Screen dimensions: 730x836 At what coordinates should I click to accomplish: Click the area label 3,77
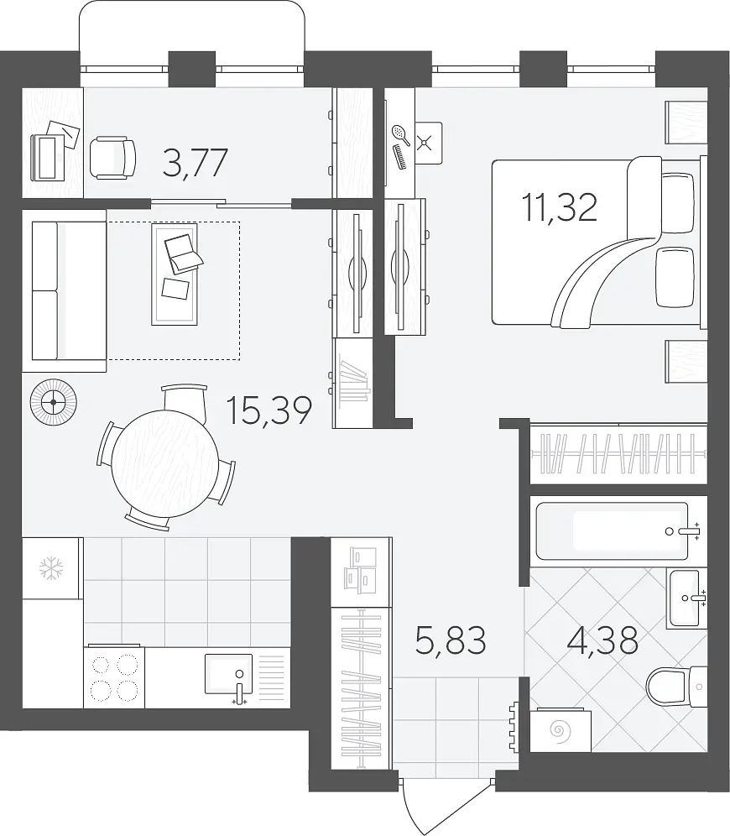[195, 163]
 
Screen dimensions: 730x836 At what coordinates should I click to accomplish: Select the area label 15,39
[269, 410]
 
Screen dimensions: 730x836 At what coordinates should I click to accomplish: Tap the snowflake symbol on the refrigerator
[52, 568]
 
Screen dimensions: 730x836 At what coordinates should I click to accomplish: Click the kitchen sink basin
[228, 674]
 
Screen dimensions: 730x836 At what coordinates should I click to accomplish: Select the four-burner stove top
[114, 677]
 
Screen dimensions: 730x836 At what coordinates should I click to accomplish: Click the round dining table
[165, 462]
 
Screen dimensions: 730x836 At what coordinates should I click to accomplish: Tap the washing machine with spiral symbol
[561, 729]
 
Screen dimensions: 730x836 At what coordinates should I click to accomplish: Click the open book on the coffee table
[183, 253]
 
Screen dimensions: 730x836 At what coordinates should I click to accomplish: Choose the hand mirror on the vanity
[400, 135]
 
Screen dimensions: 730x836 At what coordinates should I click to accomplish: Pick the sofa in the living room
[64, 290]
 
